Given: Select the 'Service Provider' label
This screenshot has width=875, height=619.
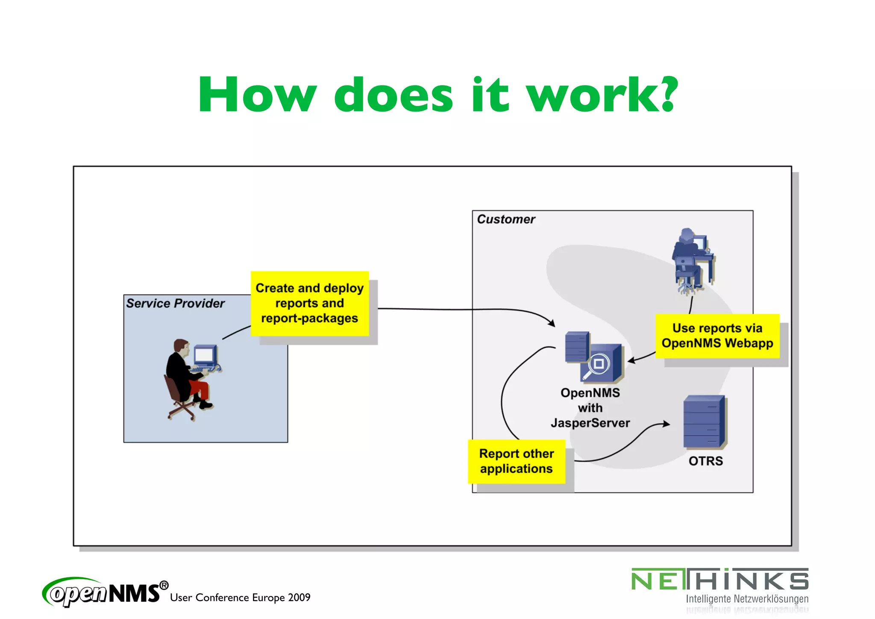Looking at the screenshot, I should [175, 304].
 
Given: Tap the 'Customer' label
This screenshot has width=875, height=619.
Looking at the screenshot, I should [506, 219].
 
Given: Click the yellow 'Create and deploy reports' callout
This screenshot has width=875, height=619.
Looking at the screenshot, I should [309, 303].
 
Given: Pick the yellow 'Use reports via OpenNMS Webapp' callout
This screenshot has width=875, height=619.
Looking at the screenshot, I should [717, 336].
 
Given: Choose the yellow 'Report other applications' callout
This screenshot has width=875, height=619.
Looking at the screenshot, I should [516, 461].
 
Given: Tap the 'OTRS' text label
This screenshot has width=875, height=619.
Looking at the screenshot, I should [705, 461].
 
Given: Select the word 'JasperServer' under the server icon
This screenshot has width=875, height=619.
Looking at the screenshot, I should [590, 423].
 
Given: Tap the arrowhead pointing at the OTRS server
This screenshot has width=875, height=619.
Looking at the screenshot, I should [666, 424].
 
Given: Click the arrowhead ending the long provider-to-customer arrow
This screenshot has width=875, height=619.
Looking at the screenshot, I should [552, 324].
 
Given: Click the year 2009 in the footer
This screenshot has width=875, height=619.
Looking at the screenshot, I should [299, 598].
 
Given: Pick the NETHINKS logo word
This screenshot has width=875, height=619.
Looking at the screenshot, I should [719, 580].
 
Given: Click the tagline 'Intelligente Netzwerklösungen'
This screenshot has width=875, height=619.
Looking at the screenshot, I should [747, 599].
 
